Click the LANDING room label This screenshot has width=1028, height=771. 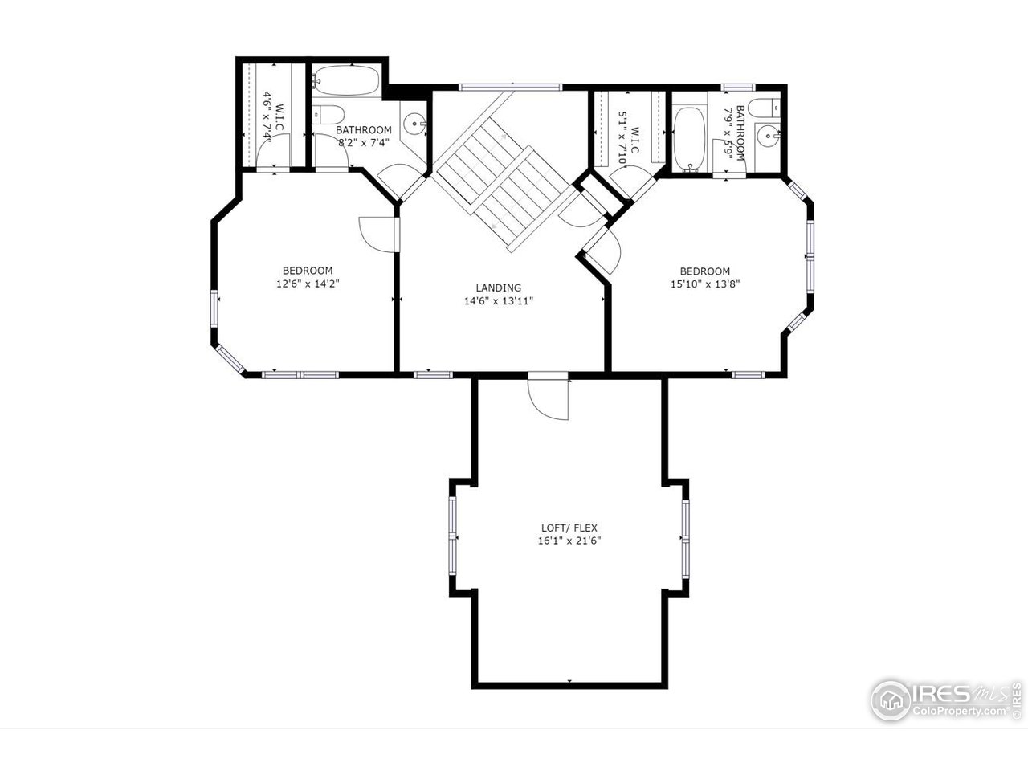pyautogui.click(x=498, y=288)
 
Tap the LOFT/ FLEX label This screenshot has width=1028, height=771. pyautogui.click(x=569, y=528)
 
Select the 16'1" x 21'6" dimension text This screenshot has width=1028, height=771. pyautogui.click(x=569, y=541)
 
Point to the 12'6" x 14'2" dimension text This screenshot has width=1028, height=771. pyautogui.click(x=307, y=284)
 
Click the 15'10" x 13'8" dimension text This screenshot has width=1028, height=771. pyautogui.click(x=704, y=284)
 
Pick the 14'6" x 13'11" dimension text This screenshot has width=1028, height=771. pyautogui.click(x=498, y=301)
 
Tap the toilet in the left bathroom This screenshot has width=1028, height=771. pyautogui.click(x=328, y=113)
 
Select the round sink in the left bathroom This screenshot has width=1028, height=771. pyautogui.click(x=415, y=124)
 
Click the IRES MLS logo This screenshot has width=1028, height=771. pyautogui.click(x=891, y=700)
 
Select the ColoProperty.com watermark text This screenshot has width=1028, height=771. pyautogui.click(x=959, y=712)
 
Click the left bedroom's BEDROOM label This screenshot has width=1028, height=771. pyautogui.click(x=307, y=271)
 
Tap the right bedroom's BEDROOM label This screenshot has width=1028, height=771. pyautogui.click(x=704, y=271)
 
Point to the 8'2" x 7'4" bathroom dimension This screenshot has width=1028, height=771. pyautogui.click(x=363, y=143)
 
